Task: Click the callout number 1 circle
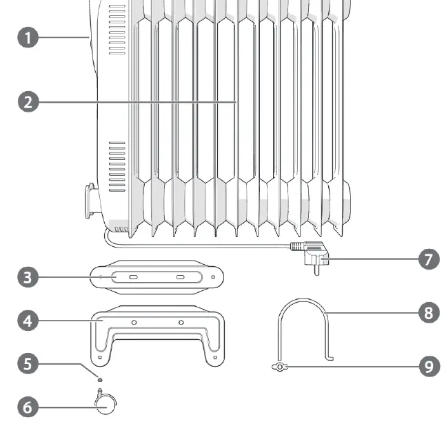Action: [x=28, y=37]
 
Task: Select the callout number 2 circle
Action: [x=28, y=102]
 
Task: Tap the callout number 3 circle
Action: [x=28, y=278]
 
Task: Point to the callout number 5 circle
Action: [x=28, y=363]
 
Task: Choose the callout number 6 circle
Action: [x=28, y=407]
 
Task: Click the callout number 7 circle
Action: [x=428, y=260]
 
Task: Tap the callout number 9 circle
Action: [x=428, y=365]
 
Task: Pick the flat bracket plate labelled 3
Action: [x=156, y=278]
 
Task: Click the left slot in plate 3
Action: [x=132, y=278]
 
